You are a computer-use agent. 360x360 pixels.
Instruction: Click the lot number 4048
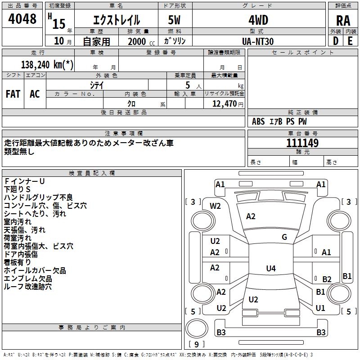click(x=22, y=19)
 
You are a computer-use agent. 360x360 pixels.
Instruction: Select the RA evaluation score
click(x=343, y=21)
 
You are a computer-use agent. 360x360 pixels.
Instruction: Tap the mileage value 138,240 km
click(x=47, y=65)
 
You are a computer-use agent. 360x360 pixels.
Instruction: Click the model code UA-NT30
click(x=258, y=41)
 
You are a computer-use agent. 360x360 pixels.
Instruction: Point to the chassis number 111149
click(x=302, y=143)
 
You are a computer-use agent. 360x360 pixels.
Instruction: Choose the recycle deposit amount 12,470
click(x=224, y=103)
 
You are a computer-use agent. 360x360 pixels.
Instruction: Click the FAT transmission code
click(x=13, y=94)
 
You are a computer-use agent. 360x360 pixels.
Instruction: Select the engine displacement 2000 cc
click(x=141, y=41)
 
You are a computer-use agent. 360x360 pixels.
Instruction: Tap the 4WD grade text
click(x=258, y=20)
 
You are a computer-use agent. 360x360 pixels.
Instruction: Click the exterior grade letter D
click(x=336, y=41)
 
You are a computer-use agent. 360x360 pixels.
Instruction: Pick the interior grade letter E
click(x=350, y=41)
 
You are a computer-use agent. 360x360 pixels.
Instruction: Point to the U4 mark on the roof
click(x=271, y=268)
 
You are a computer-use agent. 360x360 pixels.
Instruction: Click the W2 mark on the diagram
click(x=215, y=206)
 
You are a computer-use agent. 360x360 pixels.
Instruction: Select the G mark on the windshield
click(x=284, y=237)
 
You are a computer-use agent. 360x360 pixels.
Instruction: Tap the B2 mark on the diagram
click(x=327, y=279)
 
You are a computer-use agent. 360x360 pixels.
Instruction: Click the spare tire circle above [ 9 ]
click(x=197, y=328)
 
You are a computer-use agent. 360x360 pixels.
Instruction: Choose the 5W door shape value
click(x=174, y=20)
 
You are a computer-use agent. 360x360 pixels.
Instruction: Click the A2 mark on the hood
click(x=251, y=216)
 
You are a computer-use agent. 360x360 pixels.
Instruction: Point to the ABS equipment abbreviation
click(x=258, y=121)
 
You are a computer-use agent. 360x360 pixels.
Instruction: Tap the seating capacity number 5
click(x=188, y=85)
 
